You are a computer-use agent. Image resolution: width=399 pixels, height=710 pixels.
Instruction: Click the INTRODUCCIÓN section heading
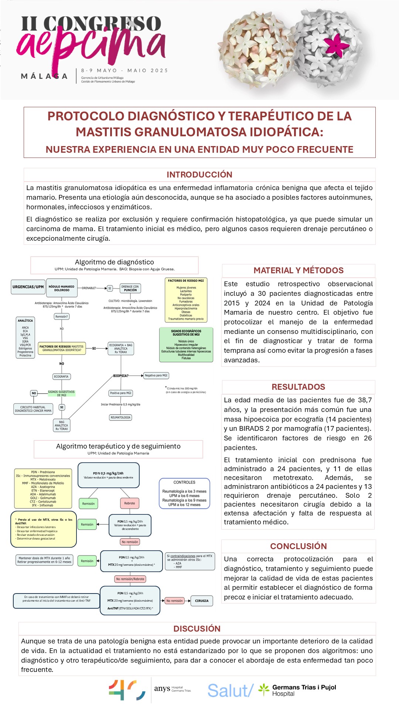click(x=199, y=175)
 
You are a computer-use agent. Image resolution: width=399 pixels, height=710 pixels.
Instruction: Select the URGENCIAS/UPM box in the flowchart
click(x=28, y=287)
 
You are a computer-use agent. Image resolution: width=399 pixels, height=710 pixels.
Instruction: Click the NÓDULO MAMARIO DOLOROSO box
click(x=62, y=288)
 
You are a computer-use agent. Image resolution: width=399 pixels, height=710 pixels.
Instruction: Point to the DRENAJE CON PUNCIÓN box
click(x=130, y=288)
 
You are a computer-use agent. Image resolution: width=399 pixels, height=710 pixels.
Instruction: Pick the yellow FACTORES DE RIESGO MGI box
click(x=186, y=300)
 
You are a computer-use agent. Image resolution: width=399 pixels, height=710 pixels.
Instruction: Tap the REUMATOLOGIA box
click(x=120, y=417)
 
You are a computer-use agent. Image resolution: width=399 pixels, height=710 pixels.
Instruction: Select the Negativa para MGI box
click(x=156, y=375)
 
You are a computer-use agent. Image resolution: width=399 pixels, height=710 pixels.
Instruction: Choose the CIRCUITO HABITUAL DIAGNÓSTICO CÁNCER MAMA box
click(x=33, y=409)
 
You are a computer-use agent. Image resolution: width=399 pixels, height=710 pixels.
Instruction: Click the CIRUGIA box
click(x=202, y=601)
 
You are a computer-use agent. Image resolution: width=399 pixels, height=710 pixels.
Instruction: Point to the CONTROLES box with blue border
click(x=184, y=493)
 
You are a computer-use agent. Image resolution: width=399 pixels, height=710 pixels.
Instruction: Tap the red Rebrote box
click(x=130, y=503)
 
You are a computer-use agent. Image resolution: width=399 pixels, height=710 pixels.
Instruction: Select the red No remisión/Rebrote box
click(x=130, y=579)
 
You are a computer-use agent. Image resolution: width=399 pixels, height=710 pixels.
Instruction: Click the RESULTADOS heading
click(x=299, y=387)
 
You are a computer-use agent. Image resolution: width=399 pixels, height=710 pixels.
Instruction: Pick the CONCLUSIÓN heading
click(x=299, y=546)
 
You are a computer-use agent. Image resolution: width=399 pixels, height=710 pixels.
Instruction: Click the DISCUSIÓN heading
click(x=197, y=629)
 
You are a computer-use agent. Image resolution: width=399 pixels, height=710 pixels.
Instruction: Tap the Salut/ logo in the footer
click(x=230, y=690)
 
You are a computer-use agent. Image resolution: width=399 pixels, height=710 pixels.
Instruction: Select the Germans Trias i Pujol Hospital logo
click(x=297, y=690)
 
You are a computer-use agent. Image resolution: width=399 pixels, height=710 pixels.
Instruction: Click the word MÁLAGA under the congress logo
click(x=44, y=77)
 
